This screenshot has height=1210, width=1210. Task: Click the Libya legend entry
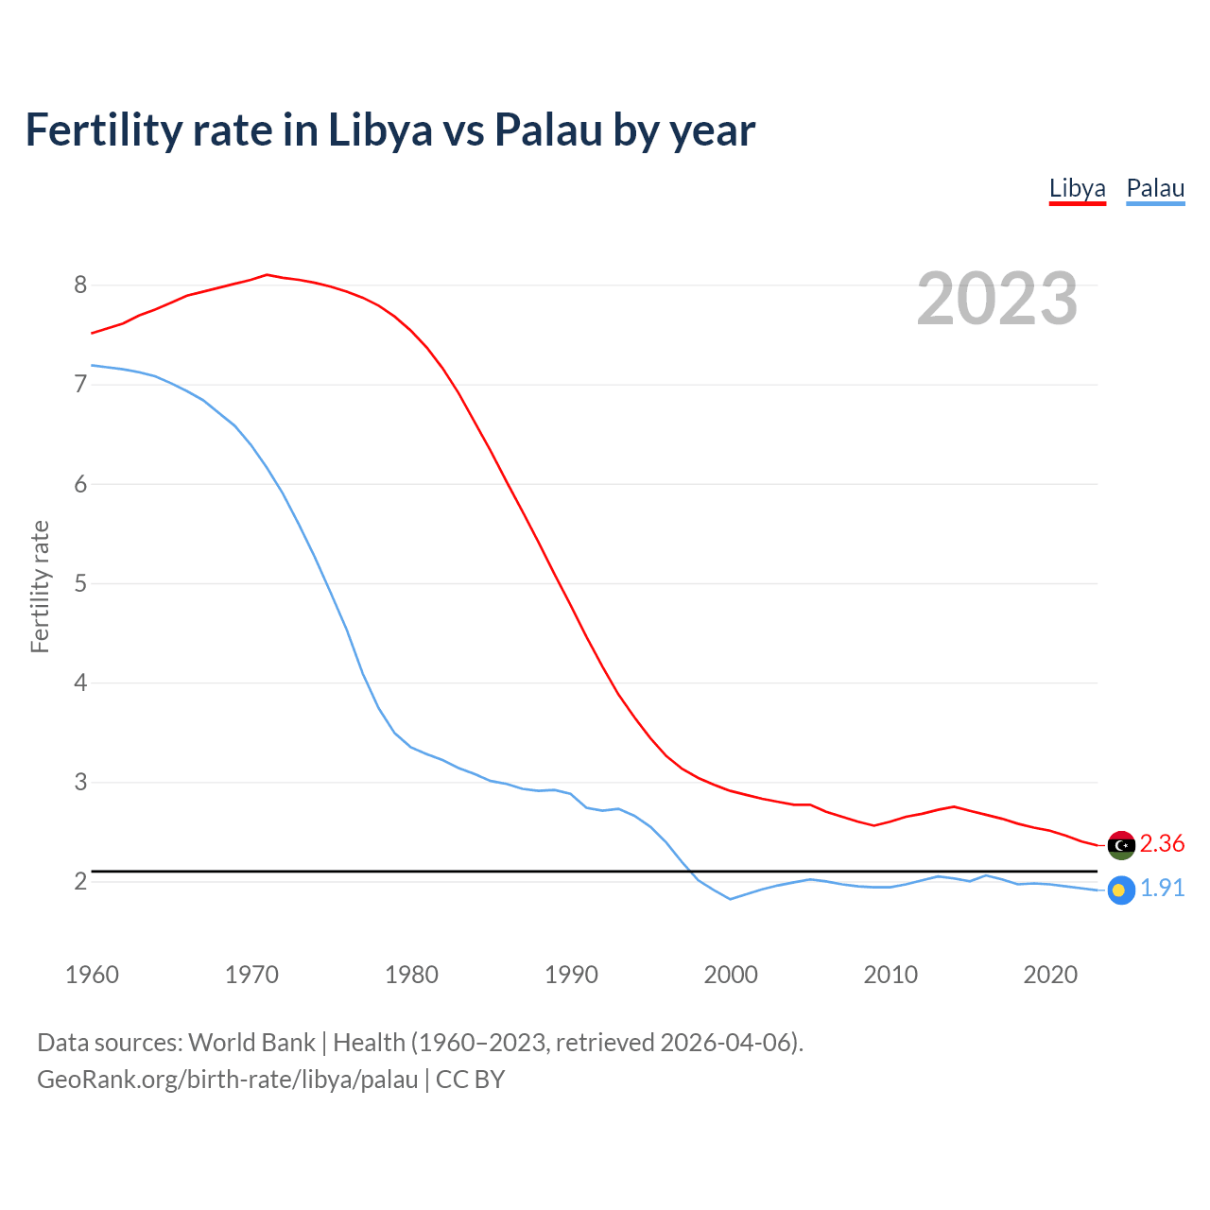pos(1077,188)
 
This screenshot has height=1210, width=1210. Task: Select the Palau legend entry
pos(1155,188)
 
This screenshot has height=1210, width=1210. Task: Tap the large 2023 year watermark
pos(997,299)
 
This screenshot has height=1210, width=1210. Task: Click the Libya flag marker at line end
pos(1121,845)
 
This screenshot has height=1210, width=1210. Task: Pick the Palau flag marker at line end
pos(1121,890)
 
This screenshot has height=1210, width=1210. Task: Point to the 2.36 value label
pos(1162,843)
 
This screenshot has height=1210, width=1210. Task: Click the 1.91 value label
pos(1162,889)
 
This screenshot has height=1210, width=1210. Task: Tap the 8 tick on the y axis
pos(80,285)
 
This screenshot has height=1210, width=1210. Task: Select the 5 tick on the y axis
pos(80,583)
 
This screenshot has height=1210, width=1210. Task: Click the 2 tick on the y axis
pos(80,881)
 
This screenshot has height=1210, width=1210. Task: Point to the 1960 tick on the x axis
pos(92,975)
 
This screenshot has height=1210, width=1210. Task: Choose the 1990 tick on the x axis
pos(571,975)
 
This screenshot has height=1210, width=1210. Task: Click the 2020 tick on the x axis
pos(1050,975)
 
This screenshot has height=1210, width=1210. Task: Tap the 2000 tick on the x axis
pos(731,975)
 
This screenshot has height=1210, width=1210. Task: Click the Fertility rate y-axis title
pos(40,586)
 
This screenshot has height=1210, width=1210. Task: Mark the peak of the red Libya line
pos(267,275)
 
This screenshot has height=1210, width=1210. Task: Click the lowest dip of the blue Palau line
pos(730,899)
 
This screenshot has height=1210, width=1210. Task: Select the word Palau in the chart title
pos(548,130)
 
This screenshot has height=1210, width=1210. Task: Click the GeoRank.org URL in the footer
pos(227,1079)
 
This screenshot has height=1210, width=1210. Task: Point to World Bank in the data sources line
pos(251,1043)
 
